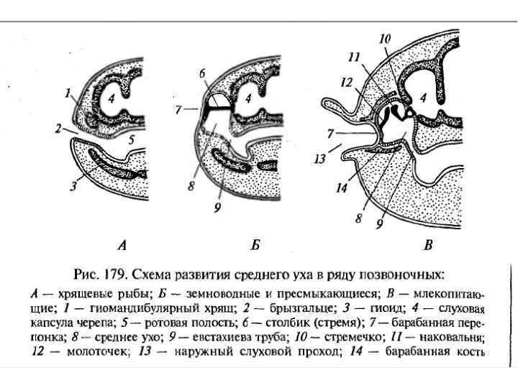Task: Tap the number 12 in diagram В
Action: [345, 83]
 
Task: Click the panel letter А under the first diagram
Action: [122, 245]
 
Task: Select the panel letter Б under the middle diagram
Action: [255, 245]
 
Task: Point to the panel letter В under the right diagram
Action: [428, 245]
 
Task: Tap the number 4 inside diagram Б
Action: [248, 98]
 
